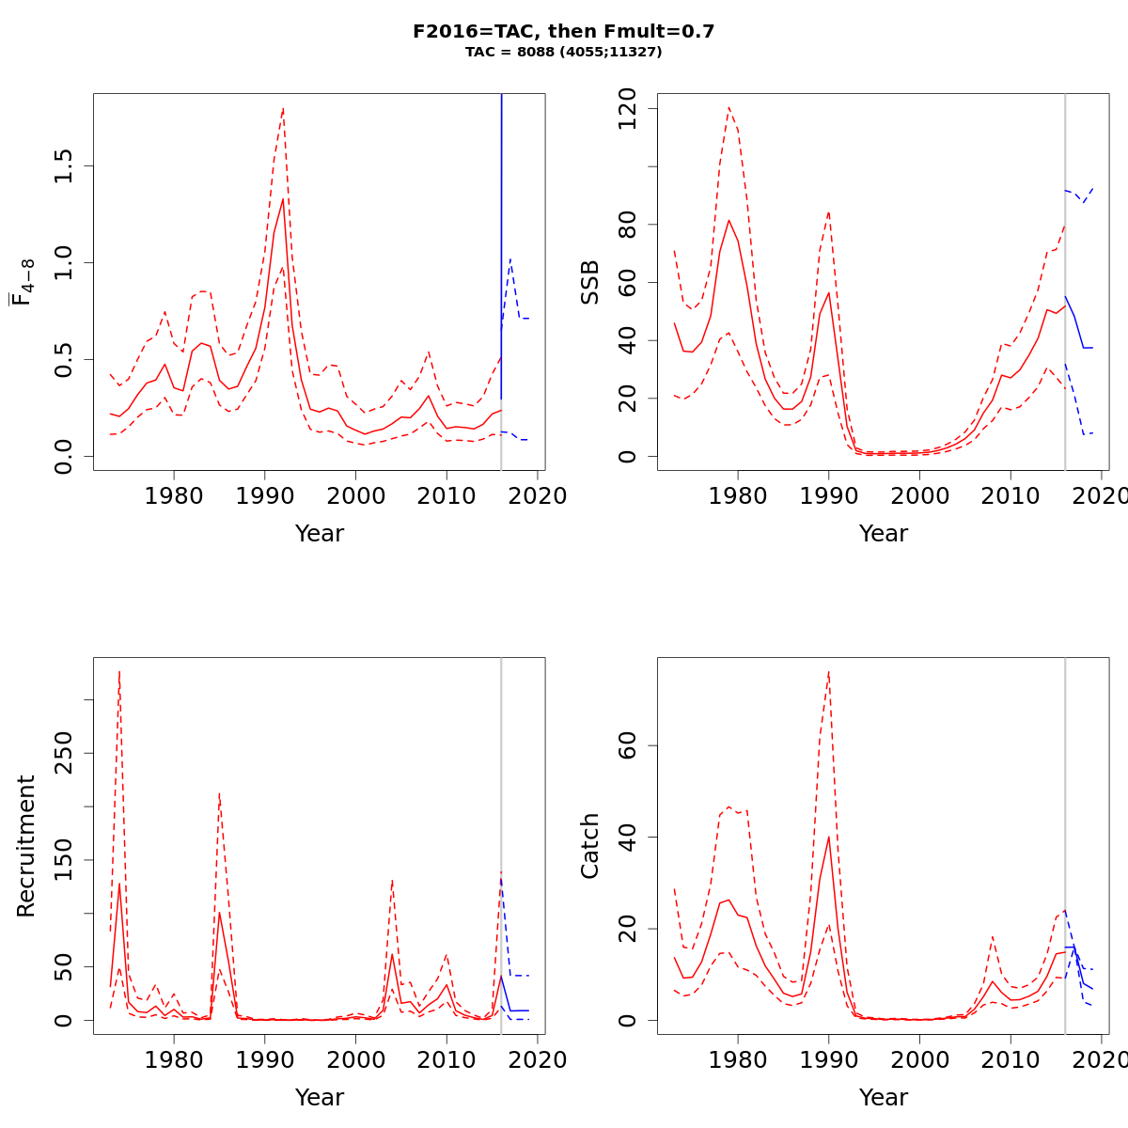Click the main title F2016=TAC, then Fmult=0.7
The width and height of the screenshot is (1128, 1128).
coord(564,31)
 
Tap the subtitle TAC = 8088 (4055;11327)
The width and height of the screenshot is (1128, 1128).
coord(564,52)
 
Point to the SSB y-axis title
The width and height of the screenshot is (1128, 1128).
coord(590,282)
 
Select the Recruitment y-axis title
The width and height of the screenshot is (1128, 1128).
coord(26,846)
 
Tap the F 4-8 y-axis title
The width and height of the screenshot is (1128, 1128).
coord(24,282)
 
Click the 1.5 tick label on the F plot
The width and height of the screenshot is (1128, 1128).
coord(64,166)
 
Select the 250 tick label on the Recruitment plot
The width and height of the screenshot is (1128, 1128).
coord(64,754)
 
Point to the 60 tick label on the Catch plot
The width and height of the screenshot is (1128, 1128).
coord(628,746)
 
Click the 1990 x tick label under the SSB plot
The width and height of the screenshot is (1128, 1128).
coord(828,495)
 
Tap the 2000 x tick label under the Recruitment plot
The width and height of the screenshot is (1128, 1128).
coord(355,1059)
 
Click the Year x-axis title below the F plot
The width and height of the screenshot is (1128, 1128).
coord(320,534)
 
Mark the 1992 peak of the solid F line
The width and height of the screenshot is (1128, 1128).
coord(283,198)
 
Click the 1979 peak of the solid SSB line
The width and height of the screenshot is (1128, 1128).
coord(728,220)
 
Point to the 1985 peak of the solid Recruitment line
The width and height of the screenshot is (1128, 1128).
coord(219,912)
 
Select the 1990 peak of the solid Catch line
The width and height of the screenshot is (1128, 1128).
coord(828,837)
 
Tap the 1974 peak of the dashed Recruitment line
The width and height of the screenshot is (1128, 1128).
coord(119,671)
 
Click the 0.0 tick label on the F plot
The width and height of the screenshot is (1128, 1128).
coord(64,456)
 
